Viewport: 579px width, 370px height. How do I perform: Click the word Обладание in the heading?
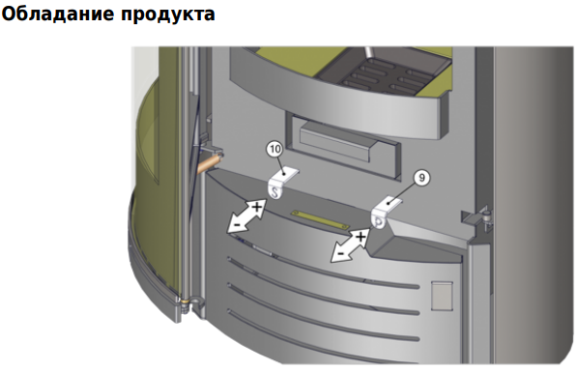(58, 14)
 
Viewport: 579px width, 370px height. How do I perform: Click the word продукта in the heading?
(168, 15)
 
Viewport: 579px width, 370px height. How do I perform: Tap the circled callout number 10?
(275, 150)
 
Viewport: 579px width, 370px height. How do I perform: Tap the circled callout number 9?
(421, 178)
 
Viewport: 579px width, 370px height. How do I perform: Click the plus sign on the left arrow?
(257, 207)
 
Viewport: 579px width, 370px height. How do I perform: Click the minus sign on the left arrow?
(236, 224)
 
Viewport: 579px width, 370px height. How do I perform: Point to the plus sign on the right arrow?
(361, 236)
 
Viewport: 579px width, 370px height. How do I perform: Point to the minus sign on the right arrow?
(341, 253)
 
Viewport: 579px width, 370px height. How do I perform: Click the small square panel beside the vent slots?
(442, 296)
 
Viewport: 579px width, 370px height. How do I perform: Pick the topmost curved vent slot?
(323, 271)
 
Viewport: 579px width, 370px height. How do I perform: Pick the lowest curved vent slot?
(323, 325)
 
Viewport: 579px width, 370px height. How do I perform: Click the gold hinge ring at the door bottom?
(185, 300)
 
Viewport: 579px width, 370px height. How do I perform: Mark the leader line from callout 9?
(403, 192)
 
